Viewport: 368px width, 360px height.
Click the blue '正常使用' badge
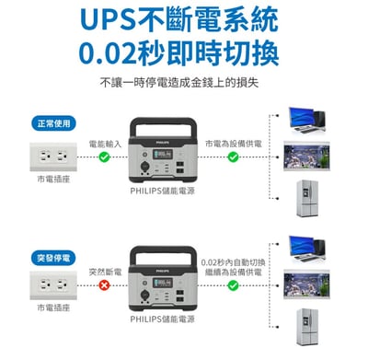point(52,124)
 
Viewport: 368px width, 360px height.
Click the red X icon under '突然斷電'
point(105,286)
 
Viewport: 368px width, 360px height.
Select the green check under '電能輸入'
point(105,157)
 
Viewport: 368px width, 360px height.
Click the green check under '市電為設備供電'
point(233,157)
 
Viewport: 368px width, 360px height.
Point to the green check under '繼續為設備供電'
point(233,286)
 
